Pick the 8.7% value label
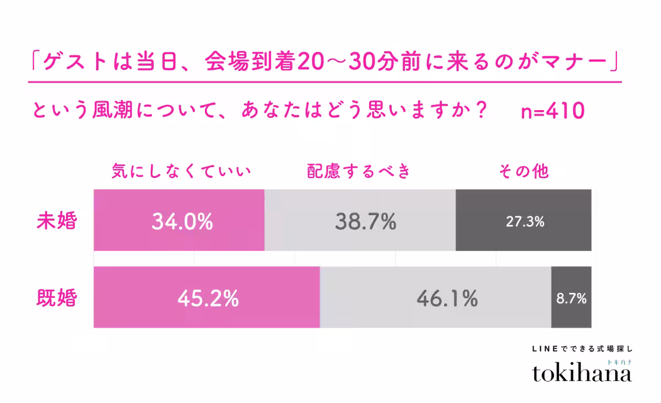(x=571, y=298)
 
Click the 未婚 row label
(x=57, y=221)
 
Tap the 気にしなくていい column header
(x=181, y=171)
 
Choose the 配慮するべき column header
(x=360, y=171)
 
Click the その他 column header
(x=524, y=171)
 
